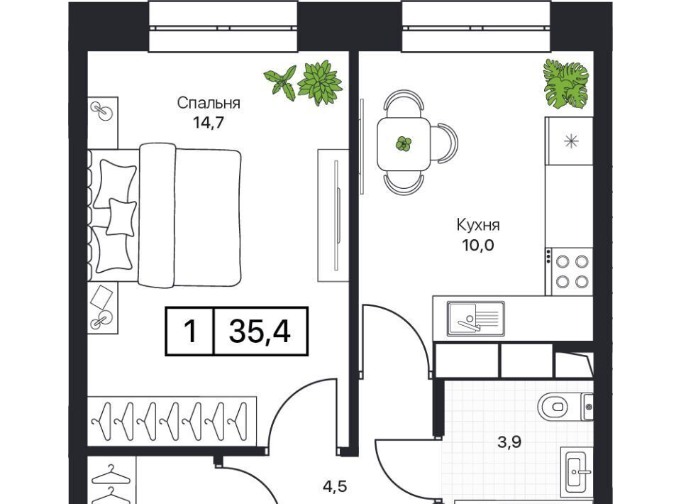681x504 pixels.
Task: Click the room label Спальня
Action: [x=209, y=103]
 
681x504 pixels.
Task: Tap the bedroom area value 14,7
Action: [x=209, y=123]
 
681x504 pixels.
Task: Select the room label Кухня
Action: [x=477, y=225]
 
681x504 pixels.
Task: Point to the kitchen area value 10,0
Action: [x=477, y=246]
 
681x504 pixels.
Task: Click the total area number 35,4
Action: [x=260, y=331]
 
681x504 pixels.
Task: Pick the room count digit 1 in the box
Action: [x=190, y=331]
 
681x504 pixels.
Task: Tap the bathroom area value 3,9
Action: [x=509, y=442]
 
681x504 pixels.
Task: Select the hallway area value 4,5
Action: [x=335, y=486]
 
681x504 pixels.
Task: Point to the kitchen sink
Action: [x=476, y=319]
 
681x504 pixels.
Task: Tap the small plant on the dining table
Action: [x=404, y=144]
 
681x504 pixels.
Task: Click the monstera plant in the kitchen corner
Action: [x=566, y=84]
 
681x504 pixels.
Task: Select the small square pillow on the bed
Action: [x=121, y=217]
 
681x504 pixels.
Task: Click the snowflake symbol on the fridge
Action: [x=570, y=142]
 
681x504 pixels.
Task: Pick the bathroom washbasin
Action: [x=577, y=472]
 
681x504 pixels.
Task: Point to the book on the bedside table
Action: [x=101, y=297]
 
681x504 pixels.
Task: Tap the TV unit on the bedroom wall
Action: [x=333, y=216]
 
